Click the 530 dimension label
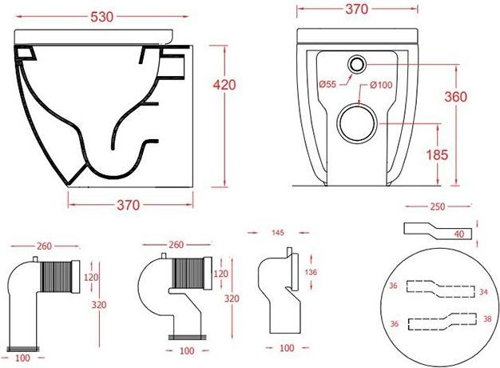pyautogui.click(x=101, y=17)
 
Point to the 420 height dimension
pyautogui.click(x=224, y=85)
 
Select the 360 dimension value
pyautogui.click(x=456, y=97)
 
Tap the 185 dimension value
pyautogui.click(x=437, y=154)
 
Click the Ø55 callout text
pyautogui.click(x=327, y=84)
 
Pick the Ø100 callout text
pyautogui.click(x=381, y=85)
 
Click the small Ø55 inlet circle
pyautogui.click(x=357, y=65)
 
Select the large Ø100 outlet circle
pyautogui.click(x=357, y=123)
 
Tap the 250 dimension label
pyautogui.click(x=438, y=206)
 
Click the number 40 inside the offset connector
pyautogui.click(x=458, y=234)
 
